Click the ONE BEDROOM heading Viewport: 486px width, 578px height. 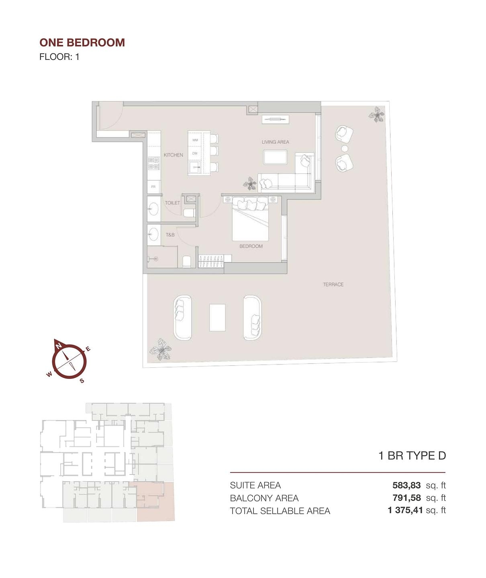click(x=82, y=43)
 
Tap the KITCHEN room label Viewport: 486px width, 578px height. click(x=173, y=155)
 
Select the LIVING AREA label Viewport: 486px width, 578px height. click(x=275, y=142)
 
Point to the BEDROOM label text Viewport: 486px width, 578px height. click(x=251, y=246)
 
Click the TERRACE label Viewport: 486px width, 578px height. click(x=333, y=285)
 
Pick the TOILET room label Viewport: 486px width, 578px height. click(x=172, y=203)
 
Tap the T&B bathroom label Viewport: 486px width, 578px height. click(x=170, y=235)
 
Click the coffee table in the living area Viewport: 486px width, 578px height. click(x=275, y=157)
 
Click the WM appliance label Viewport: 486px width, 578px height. click(x=195, y=140)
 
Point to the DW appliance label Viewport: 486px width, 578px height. click(x=195, y=153)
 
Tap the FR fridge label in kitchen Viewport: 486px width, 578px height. click(x=153, y=187)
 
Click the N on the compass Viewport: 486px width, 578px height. click(x=59, y=346)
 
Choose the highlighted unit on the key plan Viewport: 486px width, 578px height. click(x=155, y=502)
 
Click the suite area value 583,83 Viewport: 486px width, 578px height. click(x=406, y=485)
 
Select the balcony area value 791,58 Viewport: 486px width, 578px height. click(x=406, y=498)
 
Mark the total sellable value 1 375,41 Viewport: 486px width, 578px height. click(x=405, y=511)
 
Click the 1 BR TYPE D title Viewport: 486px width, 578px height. click(x=412, y=456)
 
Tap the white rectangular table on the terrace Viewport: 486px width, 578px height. click(x=217, y=317)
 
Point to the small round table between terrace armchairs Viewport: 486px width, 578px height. click(x=344, y=149)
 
